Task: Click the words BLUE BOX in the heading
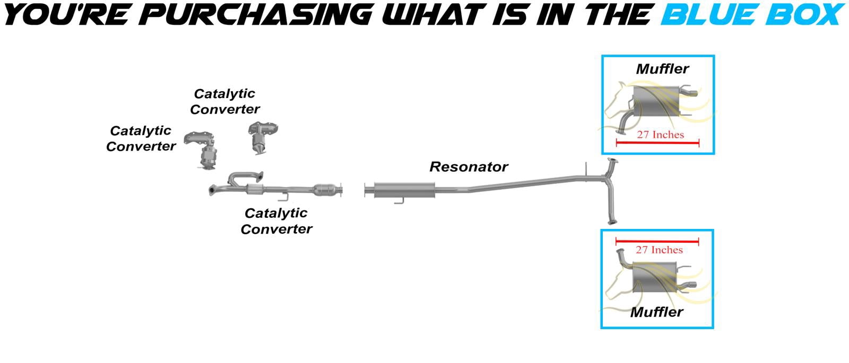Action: [753, 14]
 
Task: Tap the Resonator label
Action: [469, 167]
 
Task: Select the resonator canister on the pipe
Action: [404, 190]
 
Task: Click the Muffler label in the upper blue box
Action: [662, 69]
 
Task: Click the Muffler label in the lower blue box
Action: [656, 312]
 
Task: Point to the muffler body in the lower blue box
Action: [655, 277]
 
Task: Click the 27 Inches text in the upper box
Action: [660, 135]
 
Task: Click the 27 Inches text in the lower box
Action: [659, 250]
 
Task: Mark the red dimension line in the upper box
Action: [657, 143]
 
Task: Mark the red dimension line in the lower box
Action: [657, 241]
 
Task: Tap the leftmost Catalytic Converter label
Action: [141, 138]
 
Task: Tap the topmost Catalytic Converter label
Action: [225, 101]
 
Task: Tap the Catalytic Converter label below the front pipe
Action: [276, 221]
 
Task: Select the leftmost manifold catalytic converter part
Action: [202, 150]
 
